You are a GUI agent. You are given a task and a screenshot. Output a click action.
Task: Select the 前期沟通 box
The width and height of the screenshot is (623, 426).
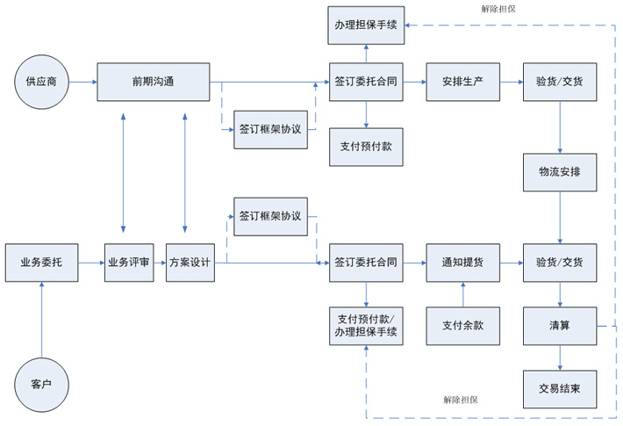[154, 83]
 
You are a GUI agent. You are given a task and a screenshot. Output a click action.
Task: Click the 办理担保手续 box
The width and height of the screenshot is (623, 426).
[365, 25]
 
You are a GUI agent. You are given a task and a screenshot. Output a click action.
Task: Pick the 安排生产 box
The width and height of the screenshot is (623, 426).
[462, 82]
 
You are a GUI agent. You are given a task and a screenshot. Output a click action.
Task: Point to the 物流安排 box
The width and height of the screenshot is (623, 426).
[560, 172]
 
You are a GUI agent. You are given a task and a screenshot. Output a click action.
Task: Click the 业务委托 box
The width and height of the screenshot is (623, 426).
[41, 262]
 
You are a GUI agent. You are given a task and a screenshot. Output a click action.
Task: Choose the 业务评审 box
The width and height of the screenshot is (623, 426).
[130, 262]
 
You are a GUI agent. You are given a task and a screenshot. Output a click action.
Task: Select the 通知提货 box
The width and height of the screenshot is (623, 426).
[462, 262]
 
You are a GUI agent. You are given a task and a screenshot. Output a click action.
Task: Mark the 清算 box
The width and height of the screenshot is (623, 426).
[560, 325]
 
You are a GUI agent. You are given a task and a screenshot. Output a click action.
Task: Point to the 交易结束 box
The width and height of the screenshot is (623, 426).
[560, 386]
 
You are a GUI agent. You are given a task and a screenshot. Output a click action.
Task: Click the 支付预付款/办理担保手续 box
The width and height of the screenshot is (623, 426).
[365, 325]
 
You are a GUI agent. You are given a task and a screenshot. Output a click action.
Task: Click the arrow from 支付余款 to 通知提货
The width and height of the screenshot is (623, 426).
[462, 294]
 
